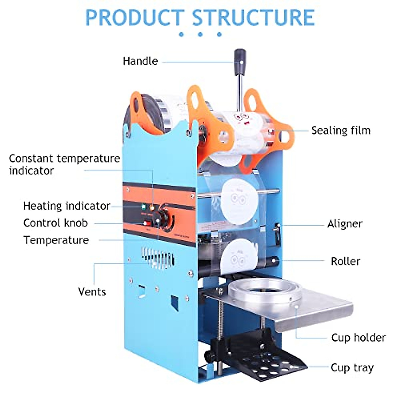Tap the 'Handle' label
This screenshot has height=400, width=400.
[140, 61]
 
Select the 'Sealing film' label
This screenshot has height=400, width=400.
[341, 130]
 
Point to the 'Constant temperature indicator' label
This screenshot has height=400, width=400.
[64, 164]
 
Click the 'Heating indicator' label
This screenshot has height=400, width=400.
[67, 206]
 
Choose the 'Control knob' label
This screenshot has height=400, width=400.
[56, 223]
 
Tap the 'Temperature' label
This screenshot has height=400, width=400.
[56, 240]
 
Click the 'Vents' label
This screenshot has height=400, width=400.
[92, 292]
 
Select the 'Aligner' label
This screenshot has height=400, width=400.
[345, 224]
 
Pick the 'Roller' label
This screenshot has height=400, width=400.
[345, 261]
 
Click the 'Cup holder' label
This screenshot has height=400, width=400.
[358, 338]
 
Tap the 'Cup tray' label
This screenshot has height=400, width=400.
[352, 368]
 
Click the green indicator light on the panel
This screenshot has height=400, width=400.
[144, 207]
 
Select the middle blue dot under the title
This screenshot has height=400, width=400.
[200, 34]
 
